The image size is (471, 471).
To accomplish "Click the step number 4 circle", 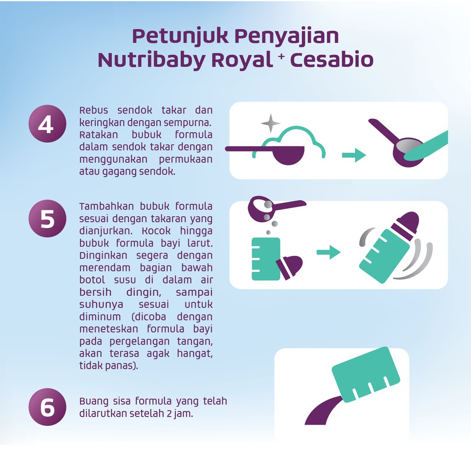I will [47, 124].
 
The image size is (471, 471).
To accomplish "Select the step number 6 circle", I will [47, 407].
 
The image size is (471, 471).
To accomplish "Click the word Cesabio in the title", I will [331, 60].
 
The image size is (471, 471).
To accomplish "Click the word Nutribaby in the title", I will [151, 60].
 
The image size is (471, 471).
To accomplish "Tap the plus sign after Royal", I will [281, 56].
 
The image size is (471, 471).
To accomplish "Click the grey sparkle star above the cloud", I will [270, 123].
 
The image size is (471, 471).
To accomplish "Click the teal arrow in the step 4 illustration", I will [353, 155].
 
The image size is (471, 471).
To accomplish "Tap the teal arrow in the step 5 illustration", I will [328, 252].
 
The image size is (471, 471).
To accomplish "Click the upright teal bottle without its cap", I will [266, 259].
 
